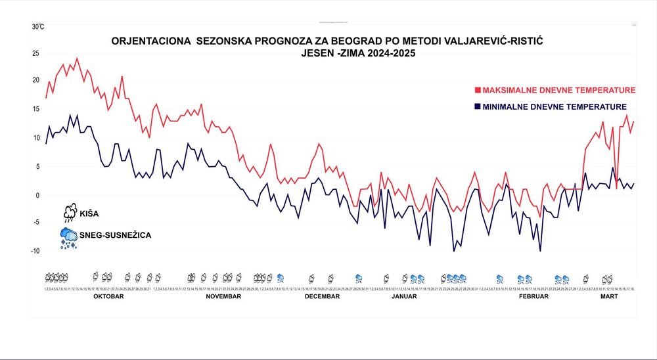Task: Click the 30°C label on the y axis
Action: (x=38, y=27)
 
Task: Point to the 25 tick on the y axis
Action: (x=35, y=53)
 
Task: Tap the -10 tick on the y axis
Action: (x=35, y=250)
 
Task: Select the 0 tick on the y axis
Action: (x=37, y=195)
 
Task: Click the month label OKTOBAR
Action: (x=109, y=296)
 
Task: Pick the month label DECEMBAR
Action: (x=322, y=296)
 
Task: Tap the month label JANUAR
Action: (x=404, y=296)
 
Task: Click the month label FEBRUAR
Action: (x=533, y=296)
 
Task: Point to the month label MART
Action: (x=609, y=296)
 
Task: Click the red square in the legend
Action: (x=478, y=90)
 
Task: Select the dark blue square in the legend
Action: (x=478, y=106)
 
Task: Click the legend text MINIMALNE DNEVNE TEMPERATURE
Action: (x=555, y=106)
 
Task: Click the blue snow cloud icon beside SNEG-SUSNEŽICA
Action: (x=69, y=236)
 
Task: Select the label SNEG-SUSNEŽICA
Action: (x=116, y=235)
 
